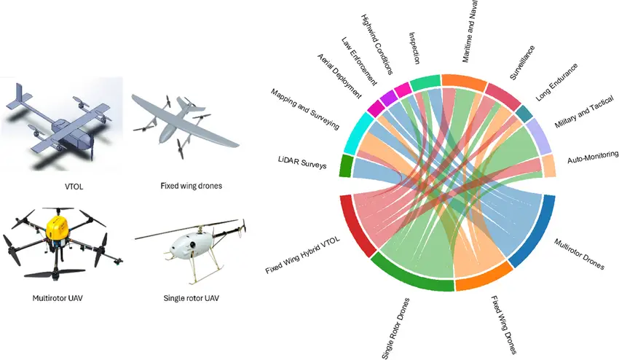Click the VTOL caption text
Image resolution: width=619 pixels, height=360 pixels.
74,186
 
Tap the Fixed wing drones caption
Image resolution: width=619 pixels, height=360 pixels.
191,186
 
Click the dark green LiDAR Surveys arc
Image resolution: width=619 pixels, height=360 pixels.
345,166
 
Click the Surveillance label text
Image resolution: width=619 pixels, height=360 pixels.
521,62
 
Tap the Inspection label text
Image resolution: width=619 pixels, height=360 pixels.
419,48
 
